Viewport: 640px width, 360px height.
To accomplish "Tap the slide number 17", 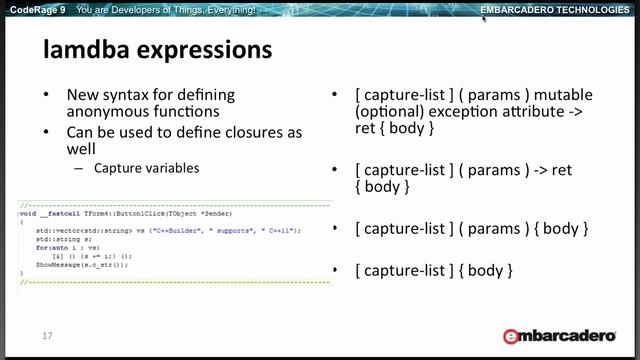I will pos(47,336).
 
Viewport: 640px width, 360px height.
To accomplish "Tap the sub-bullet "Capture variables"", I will pos(147,168).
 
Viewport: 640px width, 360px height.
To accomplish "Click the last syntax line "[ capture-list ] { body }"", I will pos(433,270).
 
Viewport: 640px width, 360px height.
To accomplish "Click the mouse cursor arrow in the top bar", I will pos(484,18).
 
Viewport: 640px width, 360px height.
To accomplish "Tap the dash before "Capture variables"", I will pos(79,168).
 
